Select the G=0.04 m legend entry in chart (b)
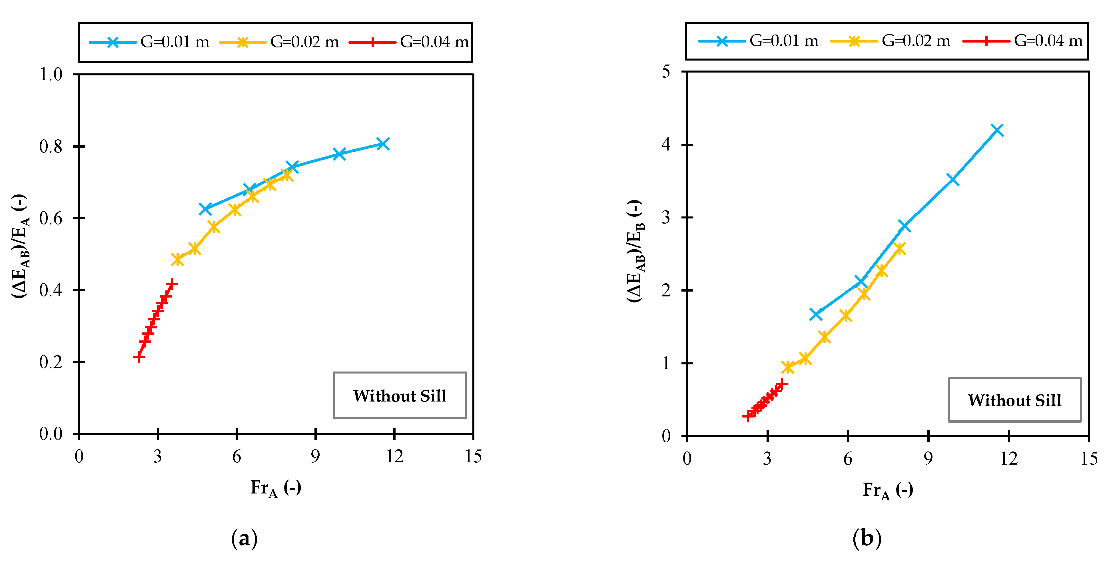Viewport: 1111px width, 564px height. tap(1022, 41)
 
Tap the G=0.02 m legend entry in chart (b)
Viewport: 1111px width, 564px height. tap(890, 41)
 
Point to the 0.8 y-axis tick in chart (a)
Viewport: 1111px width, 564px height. tap(51, 146)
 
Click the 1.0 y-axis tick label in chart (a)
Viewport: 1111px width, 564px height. tap(51, 75)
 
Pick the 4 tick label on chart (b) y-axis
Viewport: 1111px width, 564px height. tap(666, 144)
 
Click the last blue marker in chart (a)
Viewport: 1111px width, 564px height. tap(382, 144)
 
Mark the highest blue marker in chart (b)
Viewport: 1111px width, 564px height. tap(997, 130)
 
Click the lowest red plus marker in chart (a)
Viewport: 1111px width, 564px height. tap(139, 357)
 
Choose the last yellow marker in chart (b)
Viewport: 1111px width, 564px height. tap(900, 249)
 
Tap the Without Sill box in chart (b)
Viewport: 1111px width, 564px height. tap(1014, 400)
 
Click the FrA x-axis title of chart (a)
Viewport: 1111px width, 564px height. tap(276, 488)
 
